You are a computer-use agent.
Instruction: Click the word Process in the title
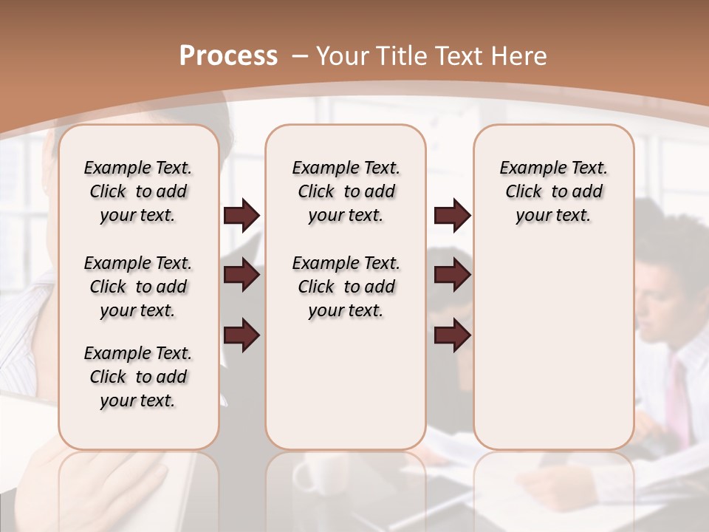228,55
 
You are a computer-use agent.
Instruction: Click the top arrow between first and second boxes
242,216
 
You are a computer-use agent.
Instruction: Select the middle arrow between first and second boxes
242,276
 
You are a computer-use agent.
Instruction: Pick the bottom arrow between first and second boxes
242,336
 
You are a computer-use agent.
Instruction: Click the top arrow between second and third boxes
452,216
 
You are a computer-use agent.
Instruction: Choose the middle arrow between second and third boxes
452,276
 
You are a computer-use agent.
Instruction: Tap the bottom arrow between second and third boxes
452,336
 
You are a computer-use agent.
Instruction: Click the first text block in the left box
138,191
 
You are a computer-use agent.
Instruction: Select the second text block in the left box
138,287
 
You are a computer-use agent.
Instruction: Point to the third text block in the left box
138,377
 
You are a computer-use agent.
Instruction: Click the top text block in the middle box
346,191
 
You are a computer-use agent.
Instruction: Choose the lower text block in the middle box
346,287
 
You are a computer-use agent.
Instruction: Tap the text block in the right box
553,191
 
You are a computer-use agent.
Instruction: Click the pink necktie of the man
677,399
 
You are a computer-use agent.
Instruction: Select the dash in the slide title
299,56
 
